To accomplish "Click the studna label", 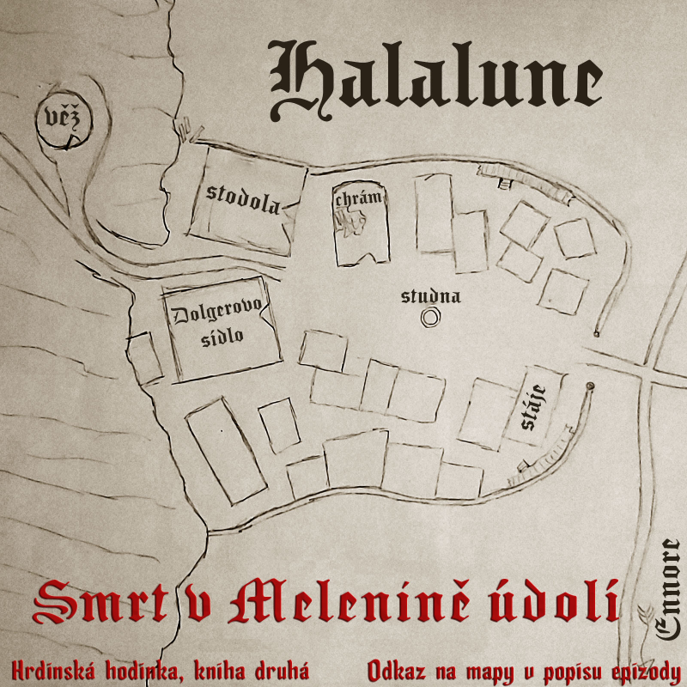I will [431, 297].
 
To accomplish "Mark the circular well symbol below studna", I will [430, 319].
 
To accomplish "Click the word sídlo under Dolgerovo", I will [222, 336].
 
